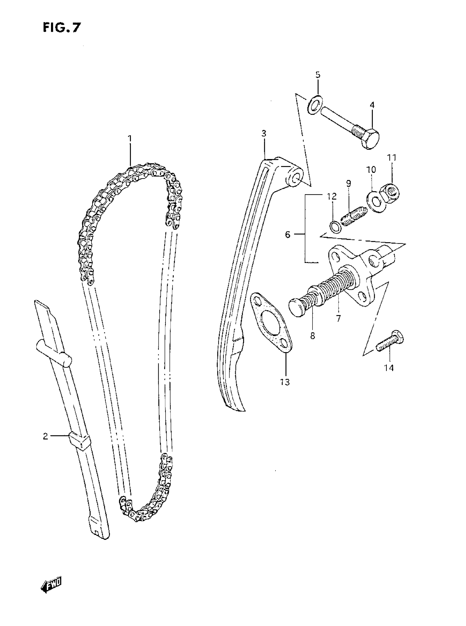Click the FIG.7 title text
(62, 28)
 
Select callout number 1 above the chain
(130, 138)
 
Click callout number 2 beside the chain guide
(46, 436)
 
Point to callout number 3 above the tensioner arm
(264, 133)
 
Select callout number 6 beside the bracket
(288, 234)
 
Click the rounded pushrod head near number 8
(295, 307)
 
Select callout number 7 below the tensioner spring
(339, 318)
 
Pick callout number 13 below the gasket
(285, 382)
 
